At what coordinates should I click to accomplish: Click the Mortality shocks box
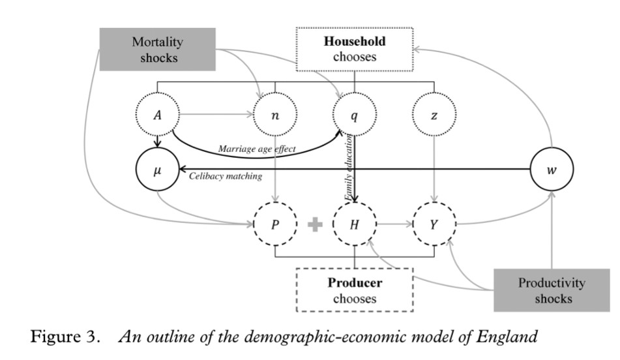157,50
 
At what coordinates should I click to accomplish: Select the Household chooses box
354,50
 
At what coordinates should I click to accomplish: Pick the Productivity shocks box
551,291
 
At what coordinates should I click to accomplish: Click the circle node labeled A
157,117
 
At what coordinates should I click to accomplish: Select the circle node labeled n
275,117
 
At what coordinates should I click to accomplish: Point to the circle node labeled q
354,117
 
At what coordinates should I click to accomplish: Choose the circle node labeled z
433,117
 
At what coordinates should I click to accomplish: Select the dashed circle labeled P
275,224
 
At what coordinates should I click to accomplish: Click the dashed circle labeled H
354,224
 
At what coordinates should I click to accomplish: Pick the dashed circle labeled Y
433,224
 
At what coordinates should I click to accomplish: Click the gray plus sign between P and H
315,224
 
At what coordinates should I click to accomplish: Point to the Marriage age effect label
257,149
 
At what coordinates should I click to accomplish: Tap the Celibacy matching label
225,176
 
